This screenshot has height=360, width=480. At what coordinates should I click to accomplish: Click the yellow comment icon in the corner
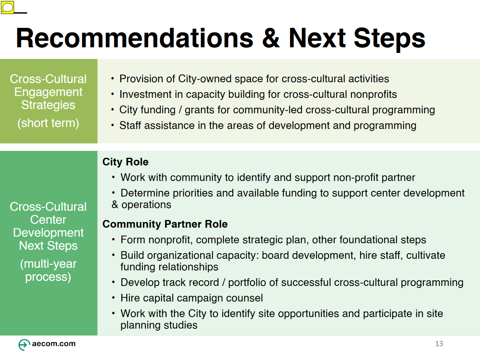pyautogui.click(x=7, y=7)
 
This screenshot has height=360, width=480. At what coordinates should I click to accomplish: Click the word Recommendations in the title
pyautogui.click(x=135, y=38)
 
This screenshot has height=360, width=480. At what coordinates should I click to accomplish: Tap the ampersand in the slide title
pyautogui.click(x=271, y=38)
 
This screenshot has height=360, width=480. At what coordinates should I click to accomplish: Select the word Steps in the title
pyautogui.click(x=389, y=39)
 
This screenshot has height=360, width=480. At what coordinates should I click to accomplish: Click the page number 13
pyautogui.click(x=439, y=344)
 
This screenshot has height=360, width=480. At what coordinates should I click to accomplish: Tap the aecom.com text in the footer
pyautogui.click(x=53, y=343)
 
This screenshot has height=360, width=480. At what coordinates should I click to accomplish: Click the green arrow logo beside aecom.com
pyautogui.click(x=24, y=345)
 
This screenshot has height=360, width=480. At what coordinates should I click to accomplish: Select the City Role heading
pyautogui.click(x=125, y=162)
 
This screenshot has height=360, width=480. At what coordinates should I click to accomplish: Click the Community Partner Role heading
pyautogui.click(x=165, y=224)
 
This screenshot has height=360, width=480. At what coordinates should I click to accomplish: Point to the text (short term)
pyautogui.click(x=49, y=123)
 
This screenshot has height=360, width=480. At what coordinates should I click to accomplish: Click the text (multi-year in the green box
pyautogui.click(x=49, y=264)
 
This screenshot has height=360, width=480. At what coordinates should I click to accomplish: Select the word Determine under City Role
pyautogui.click(x=145, y=193)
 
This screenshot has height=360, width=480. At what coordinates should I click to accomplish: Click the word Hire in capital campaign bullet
pyautogui.click(x=130, y=298)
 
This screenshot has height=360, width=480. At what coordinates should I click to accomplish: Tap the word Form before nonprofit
pyautogui.click(x=133, y=240)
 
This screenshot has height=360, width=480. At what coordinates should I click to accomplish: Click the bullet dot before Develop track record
pyautogui.click(x=113, y=282)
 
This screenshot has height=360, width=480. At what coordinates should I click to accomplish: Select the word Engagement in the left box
pyautogui.click(x=49, y=92)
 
